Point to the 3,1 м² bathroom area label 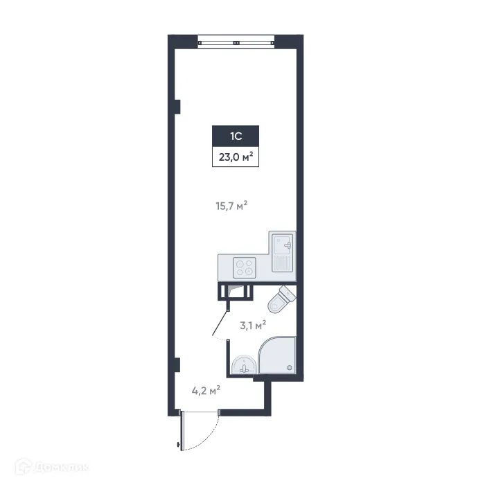pyautogui.click(x=253, y=324)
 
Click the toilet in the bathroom pyautogui.click(x=282, y=299)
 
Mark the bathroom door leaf pyautogui.click(x=221, y=320)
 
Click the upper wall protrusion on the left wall pyautogui.click(x=177, y=107)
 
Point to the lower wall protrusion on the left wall pyautogui.click(x=177, y=364)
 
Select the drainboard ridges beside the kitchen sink pyautogui.click(x=283, y=264)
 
